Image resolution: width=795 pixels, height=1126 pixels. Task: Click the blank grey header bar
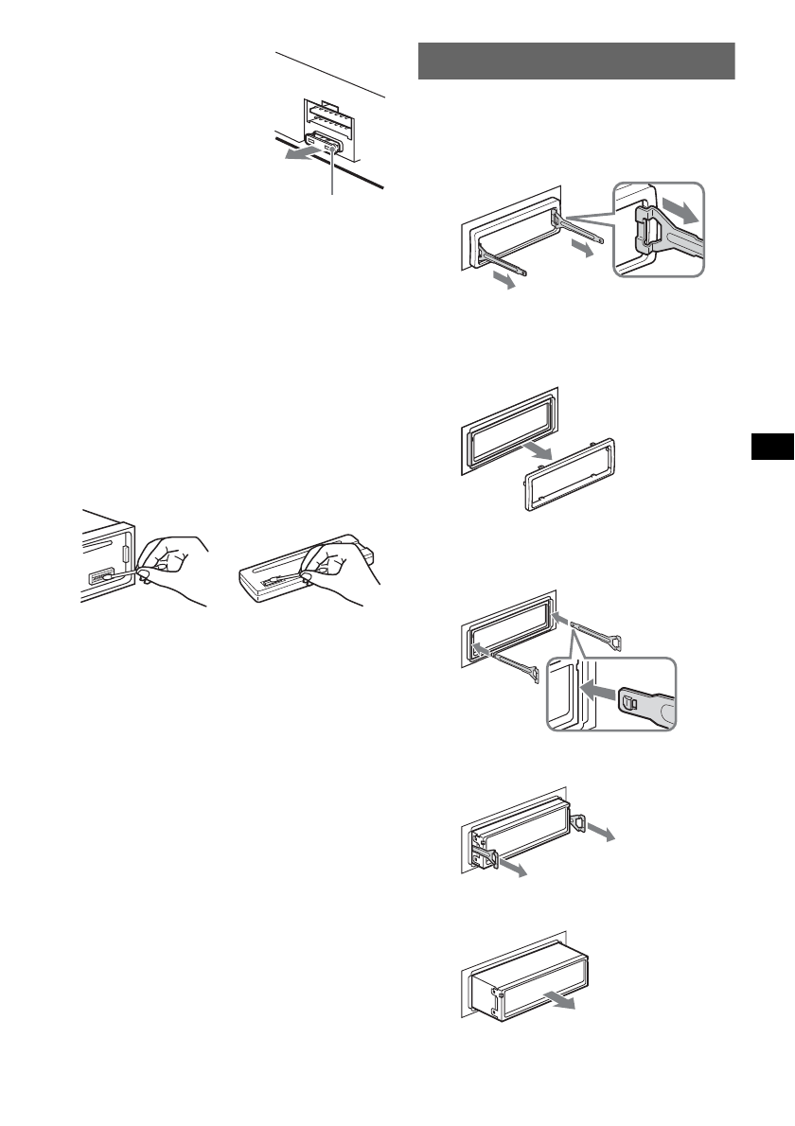click(576, 62)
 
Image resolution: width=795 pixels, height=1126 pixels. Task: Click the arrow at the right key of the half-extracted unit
click(598, 830)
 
